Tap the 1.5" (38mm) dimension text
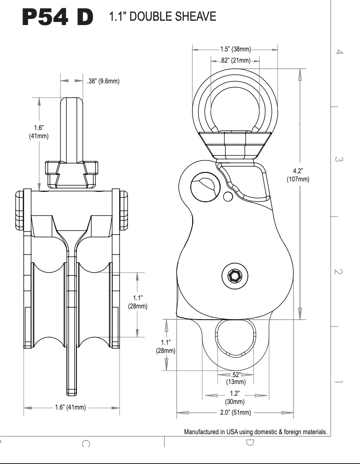coord(235,50)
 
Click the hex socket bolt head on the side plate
coord(236,276)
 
